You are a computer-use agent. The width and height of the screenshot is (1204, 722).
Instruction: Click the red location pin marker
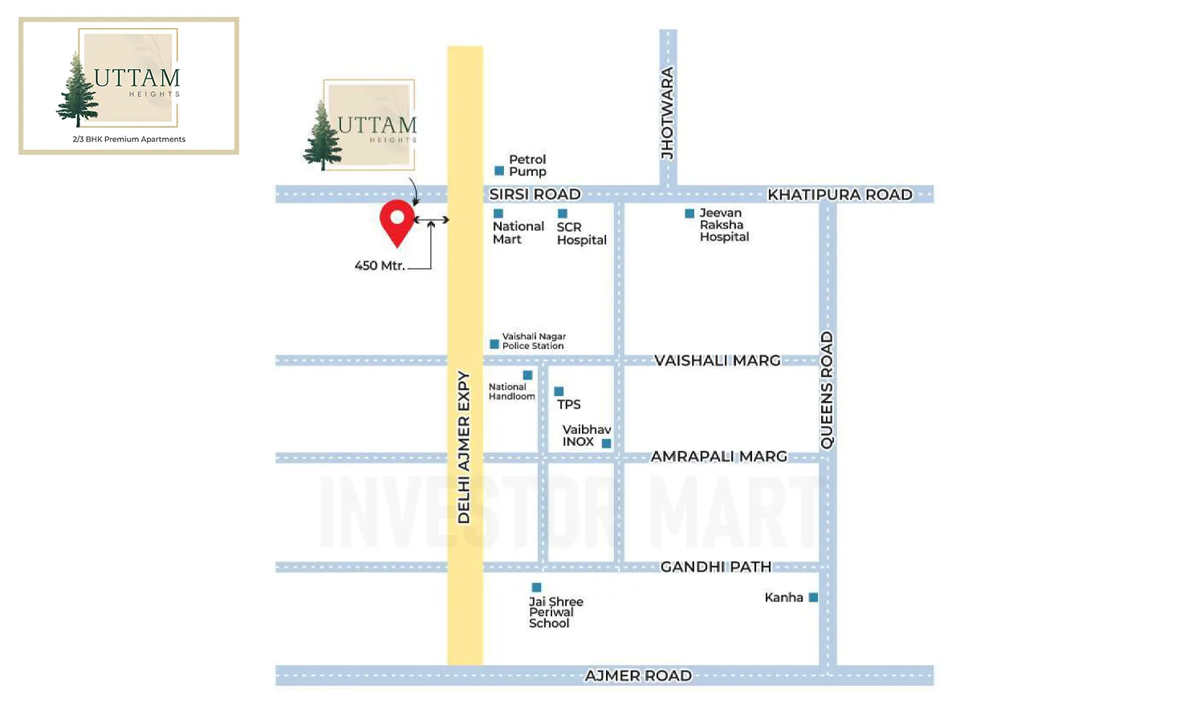click(397, 221)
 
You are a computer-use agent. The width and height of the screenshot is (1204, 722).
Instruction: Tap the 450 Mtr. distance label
click(380, 266)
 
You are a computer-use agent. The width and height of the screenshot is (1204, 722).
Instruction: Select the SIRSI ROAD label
click(535, 194)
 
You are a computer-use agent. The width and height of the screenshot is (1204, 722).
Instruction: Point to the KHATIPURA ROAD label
click(840, 194)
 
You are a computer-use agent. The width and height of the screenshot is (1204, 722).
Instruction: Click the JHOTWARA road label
click(668, 113)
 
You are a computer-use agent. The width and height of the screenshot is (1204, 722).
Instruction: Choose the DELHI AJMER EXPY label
click(464, 447)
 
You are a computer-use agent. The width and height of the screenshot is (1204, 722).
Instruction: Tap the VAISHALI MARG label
click(717, 361)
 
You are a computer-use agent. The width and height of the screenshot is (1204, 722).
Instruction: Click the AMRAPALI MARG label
click(718, 456)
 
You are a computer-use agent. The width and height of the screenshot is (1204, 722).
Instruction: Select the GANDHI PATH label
click(715, 567)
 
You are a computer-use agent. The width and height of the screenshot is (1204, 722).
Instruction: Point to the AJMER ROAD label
click(638, 675)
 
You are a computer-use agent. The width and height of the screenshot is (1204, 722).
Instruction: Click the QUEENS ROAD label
click(827, 390)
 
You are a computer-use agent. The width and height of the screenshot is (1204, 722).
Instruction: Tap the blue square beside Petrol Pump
click(499, 171)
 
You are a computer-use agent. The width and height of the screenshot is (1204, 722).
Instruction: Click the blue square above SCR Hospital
click(563, 213)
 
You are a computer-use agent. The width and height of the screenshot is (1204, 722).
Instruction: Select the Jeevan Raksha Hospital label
click(723, 225)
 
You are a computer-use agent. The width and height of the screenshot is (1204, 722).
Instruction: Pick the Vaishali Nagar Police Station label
click(533, 341)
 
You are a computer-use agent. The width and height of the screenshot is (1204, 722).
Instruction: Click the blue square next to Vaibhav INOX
click(607, 444)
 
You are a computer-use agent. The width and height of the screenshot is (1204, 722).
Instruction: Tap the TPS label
click(569, 404)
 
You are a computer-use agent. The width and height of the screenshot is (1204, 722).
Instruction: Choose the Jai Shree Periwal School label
click(555, 612)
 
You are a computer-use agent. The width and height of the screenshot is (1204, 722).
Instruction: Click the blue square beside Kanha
click(813, 598)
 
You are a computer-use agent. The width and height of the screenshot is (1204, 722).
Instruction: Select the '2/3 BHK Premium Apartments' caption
click(129, 140)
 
